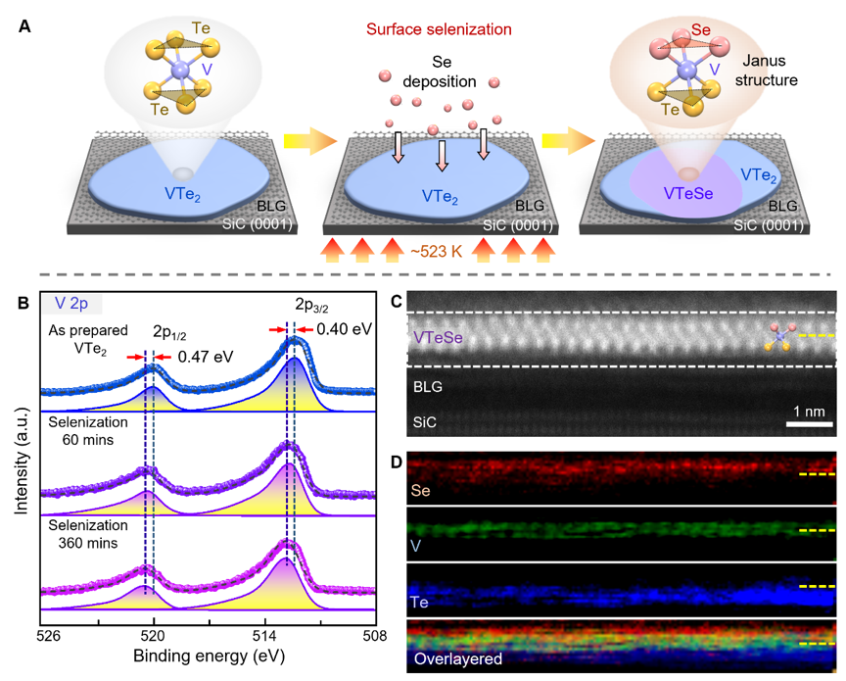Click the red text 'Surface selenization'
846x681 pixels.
point(438,28)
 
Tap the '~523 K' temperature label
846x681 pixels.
point(438,263)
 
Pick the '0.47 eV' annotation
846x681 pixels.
point(205,357)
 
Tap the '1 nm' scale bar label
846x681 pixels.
point(809,411)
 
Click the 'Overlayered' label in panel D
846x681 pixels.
point(460,659)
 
